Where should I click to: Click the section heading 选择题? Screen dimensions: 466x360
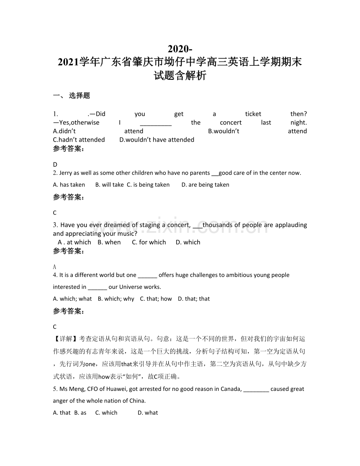point(79,95)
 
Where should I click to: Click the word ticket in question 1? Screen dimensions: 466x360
point(253,114)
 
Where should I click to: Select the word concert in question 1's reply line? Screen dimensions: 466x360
point(230,122)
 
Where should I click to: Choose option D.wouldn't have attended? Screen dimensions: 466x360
point(157,140)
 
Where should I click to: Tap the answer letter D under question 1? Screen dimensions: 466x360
point(55,165)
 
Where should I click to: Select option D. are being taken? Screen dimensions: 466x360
point(205,185)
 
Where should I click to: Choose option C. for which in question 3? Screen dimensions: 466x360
point(149,242)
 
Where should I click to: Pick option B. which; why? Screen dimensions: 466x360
point(116,299)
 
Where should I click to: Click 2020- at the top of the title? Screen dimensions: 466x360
point(180,49)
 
